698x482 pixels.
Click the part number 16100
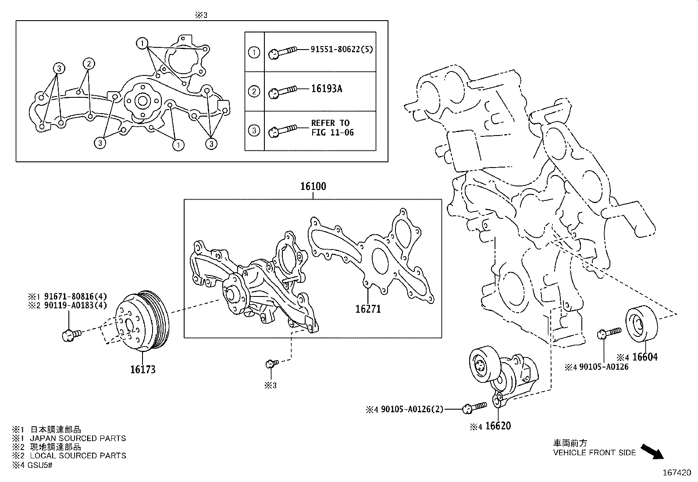[x=313, y=186]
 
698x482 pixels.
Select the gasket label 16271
[x=368, y=309]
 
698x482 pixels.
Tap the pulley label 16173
[x=142, y=369]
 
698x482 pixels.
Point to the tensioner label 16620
[x=498, y=426]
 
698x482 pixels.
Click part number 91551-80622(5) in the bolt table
[x=342, y=50]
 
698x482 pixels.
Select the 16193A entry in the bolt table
[x=326, y=89]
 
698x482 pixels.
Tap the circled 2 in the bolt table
[x=254, y=92]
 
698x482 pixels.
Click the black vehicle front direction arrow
[x=652, y=451]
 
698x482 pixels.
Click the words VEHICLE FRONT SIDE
[x=594, y=453]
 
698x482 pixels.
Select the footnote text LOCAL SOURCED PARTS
[x=78, y=456]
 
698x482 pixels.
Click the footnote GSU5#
[x=41, y=464]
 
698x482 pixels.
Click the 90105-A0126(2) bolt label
[x=411, y=409]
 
